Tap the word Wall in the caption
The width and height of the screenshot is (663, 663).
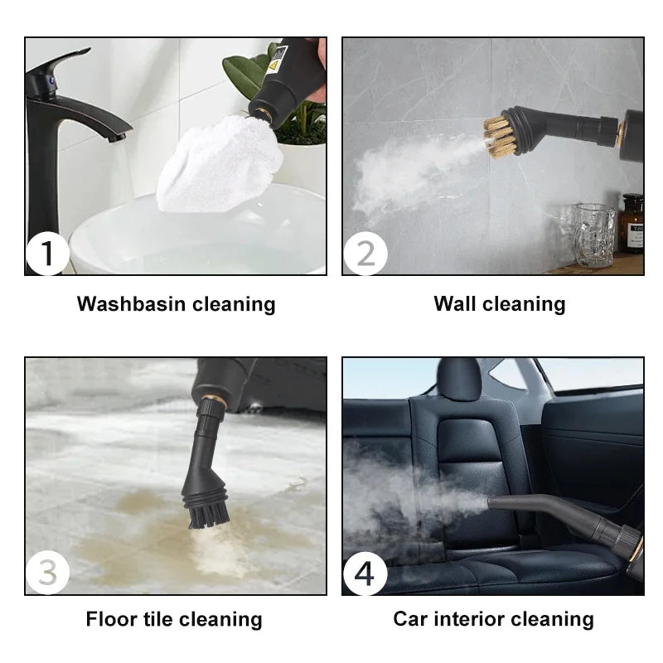(x=454, y=304)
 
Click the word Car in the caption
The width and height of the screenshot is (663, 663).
(x=410, y=619)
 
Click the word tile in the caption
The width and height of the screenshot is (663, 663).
(x=157, y=619)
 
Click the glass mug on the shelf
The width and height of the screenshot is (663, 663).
(x=595, y=235)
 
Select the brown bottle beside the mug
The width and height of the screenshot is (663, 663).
(x=632, y=224)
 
